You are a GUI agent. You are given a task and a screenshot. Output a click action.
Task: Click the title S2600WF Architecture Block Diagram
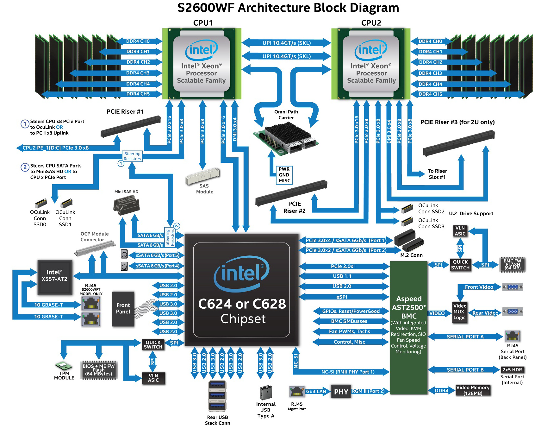tap(288, 8)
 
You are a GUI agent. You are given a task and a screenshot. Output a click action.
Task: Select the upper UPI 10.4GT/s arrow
tap(286, 43)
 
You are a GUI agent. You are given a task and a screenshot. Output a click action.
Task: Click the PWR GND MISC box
tap(284, 175)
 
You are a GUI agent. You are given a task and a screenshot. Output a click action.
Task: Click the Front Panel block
tap(123, 309)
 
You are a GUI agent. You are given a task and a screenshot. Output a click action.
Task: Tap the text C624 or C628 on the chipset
tap(242, 304)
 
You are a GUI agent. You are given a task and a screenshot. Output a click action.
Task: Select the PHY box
tap(341, 392)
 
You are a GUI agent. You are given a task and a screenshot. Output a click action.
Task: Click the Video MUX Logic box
tap(460, 312)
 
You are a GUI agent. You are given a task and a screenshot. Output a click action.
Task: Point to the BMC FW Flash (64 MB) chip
tap(513, 265)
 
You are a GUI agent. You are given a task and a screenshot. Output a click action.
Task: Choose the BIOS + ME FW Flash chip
tap(98, 370)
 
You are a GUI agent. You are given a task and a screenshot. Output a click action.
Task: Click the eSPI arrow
tap(343, 297)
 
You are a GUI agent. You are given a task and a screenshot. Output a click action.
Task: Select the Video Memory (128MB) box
tap(473, 390)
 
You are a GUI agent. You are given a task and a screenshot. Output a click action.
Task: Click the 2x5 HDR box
tap(512, 370)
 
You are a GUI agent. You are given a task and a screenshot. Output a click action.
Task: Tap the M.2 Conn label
tap(411, 255)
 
